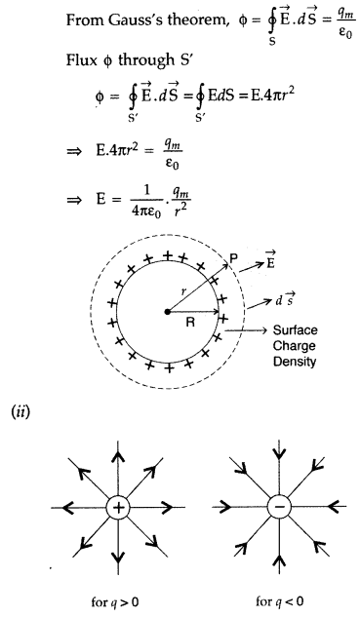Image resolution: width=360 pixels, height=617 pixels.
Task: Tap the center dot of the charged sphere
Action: (169, 311)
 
